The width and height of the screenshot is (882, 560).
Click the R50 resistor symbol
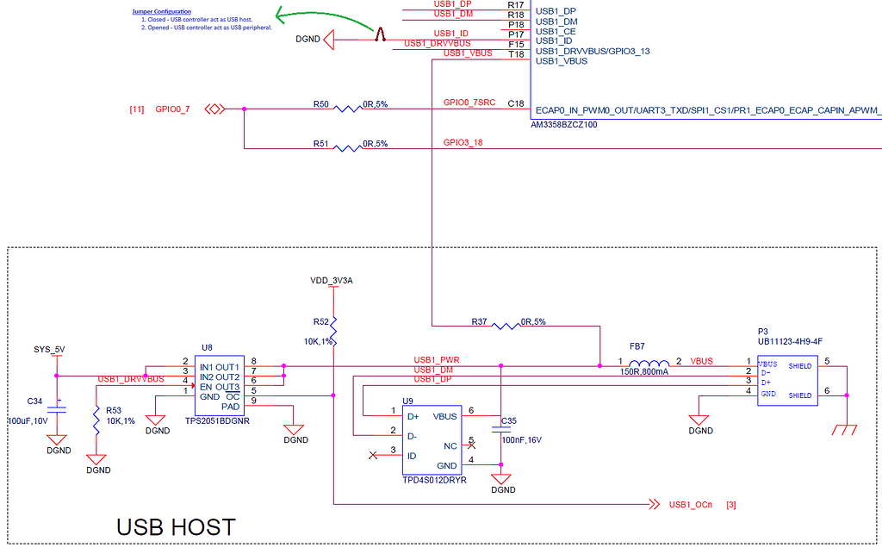coord(347,109)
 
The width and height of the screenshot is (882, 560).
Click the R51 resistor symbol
coord(347,148)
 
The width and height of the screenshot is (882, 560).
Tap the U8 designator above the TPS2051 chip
coord(207,347)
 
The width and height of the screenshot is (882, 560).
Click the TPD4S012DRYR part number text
coord(434,480)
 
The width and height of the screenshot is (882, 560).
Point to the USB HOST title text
coord(176,526)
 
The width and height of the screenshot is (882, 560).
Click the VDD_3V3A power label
coord(332,281)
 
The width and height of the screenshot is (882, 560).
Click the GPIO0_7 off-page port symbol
coord(215,109)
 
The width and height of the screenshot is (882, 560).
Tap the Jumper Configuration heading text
coord(161,11)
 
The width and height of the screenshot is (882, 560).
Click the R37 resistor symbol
coord(505,326)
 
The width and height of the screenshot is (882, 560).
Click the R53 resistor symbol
coord(96,421)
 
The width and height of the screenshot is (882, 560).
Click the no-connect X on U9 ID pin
coord(372,454)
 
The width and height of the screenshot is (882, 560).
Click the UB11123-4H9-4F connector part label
coord(790,341)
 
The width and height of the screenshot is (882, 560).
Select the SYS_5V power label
coord(48,349)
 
